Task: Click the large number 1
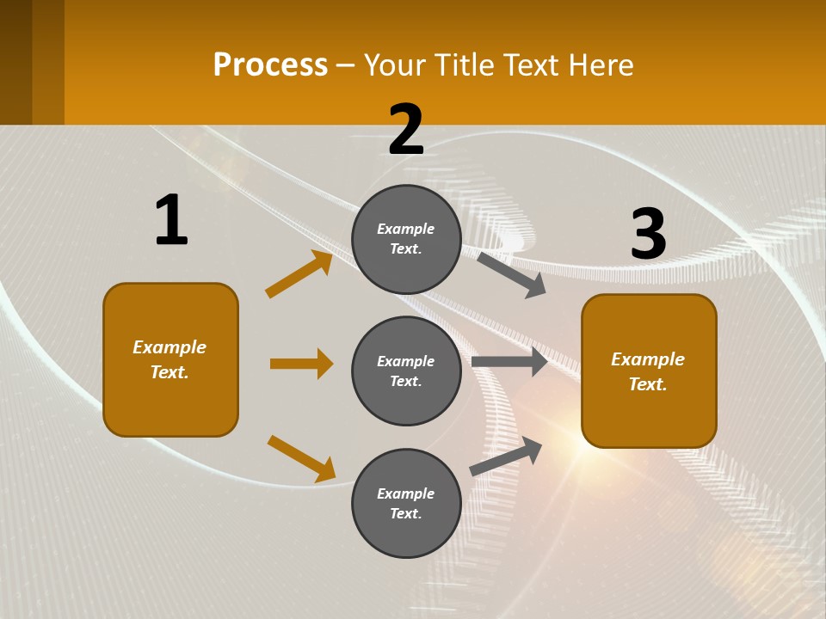point(171,221)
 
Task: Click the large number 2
point(406,131)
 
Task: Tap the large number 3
point(648,234)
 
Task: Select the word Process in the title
point(270,65)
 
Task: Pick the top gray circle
point(406,239)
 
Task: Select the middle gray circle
point(406,371)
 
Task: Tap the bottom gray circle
point(406,503)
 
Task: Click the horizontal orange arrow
point(301,364)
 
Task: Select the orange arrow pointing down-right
point(301,458)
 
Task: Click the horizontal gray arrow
point(509,362)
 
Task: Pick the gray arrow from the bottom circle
point(506,457)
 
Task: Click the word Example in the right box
point(647,359)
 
